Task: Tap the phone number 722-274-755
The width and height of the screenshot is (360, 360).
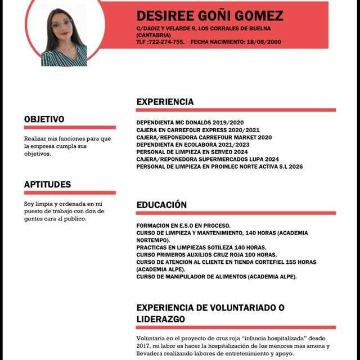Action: (x=166, y=42)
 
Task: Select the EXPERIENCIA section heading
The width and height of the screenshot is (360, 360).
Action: (x=165, y=102)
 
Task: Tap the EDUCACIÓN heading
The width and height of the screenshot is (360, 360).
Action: (x=161, y=205)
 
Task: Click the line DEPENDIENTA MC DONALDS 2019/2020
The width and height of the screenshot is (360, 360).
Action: (x=190, y=123)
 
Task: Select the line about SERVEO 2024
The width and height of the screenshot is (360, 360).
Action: (x=192, y=152)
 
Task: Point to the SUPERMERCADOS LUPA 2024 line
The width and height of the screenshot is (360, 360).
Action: (x=207, y=159)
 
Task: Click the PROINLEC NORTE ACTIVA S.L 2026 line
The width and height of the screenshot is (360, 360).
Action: (x=219, y=166)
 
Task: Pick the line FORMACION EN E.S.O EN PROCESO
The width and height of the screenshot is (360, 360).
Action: (x=183, y=225)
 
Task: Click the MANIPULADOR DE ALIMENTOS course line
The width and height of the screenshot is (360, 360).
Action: (x=217, y=276)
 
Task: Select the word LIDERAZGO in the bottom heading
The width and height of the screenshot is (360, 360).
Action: (x=161, y=319)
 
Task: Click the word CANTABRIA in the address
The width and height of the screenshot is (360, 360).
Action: (x=154, y=35)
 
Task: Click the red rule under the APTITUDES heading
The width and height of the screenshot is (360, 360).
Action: (x=69, y=192)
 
